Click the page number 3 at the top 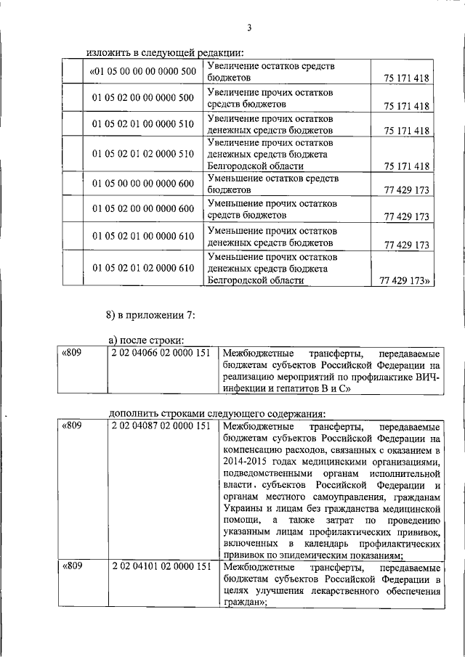coord(248,28)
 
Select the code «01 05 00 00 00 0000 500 coord(142,71)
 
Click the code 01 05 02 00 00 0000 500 coord(143,97)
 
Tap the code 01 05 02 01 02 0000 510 coord(143,154)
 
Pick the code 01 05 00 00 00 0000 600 coord(143,182)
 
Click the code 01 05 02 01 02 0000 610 coord(143,268)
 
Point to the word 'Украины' coord(244,509)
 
